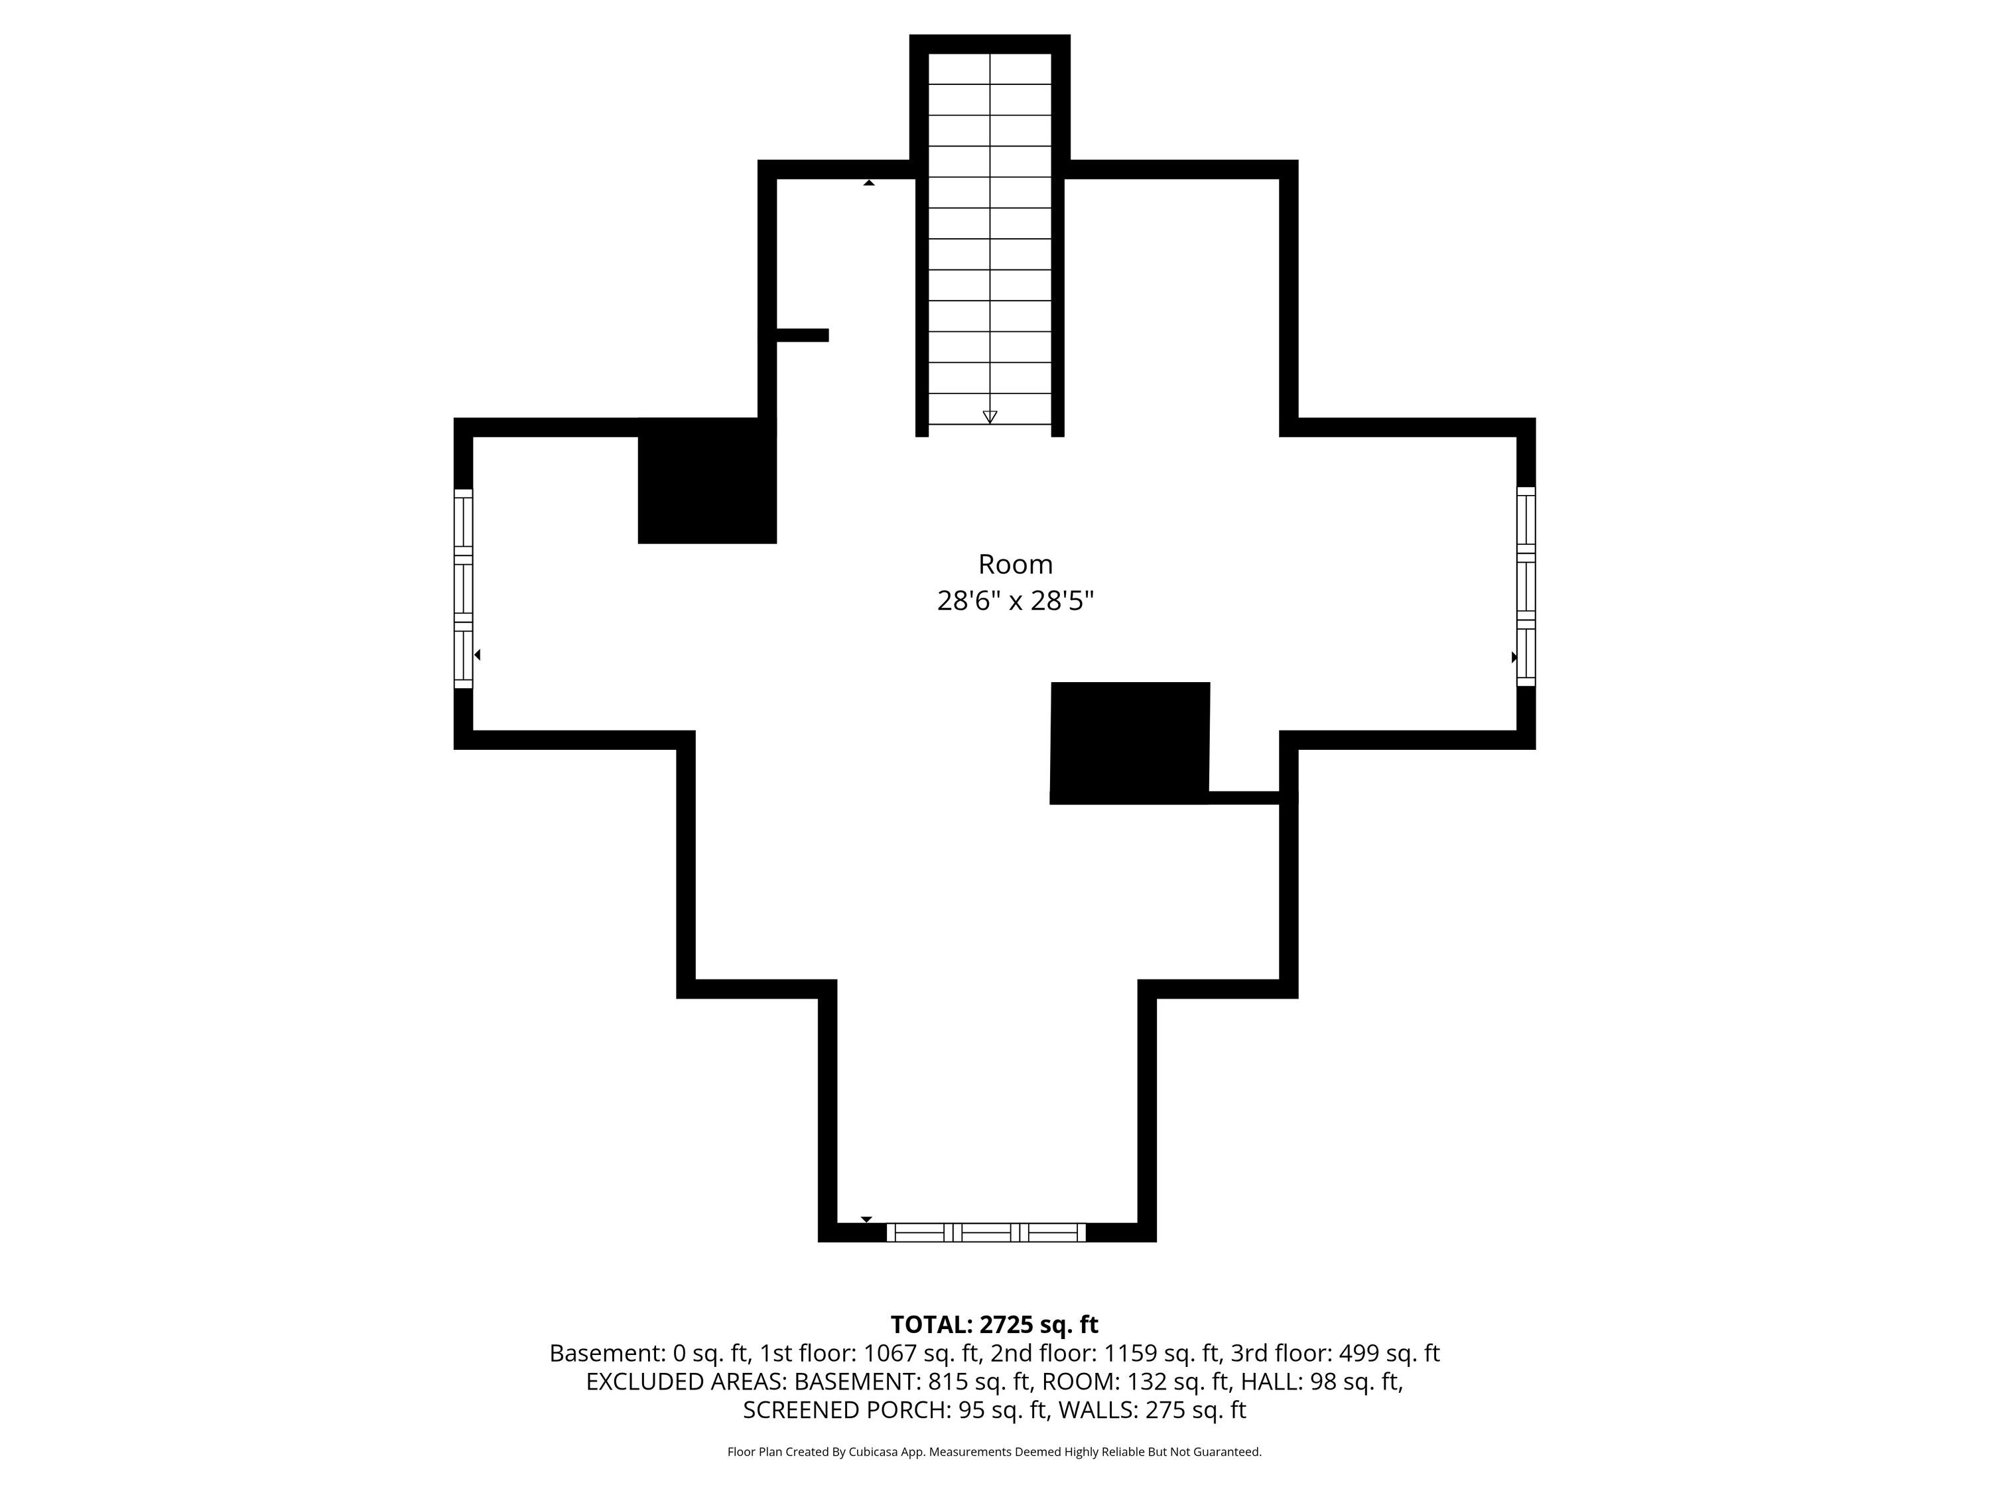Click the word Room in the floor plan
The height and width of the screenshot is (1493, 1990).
coord(1015,564)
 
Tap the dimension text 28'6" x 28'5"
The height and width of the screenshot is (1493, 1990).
coord(1015,601)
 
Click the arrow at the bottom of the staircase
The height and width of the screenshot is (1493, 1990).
coord(990,417)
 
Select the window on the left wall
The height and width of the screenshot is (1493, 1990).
coord(463,589)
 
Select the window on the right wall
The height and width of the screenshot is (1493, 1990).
coord(1526,587)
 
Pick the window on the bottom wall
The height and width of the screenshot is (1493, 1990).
coord(986,1232)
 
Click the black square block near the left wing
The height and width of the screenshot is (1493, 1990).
coord(707,480)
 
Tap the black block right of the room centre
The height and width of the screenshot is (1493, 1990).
coord(1130,743)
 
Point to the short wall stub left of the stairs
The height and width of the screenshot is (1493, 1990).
coord(801,335)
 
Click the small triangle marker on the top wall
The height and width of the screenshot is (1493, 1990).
coord(869,182)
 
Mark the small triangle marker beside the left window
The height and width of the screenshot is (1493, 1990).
coord(478,655)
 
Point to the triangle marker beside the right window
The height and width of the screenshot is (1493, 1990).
coord(1514,657)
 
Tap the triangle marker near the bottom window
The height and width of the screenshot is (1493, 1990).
coord(866,1220)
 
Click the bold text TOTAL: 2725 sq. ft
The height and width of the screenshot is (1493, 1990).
coord(994,1324)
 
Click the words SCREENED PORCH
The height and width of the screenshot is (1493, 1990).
coord(846,1409)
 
